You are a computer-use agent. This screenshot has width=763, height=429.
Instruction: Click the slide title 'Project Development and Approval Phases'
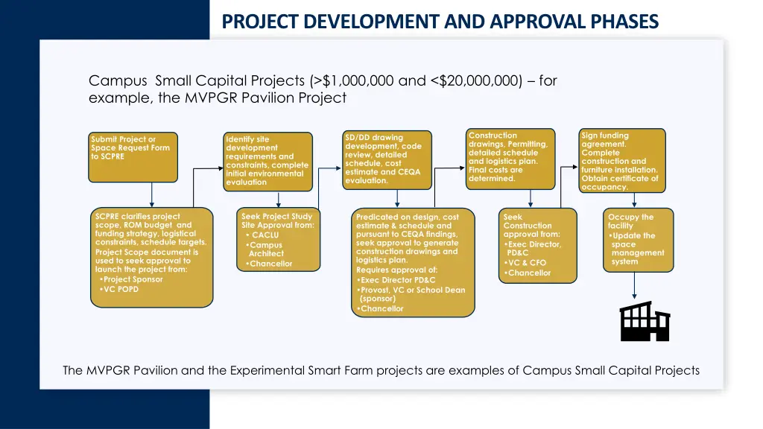coord(440,22)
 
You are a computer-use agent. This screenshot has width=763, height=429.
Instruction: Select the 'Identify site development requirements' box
coord(267,161)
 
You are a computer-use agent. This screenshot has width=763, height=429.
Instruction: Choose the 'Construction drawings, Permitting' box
coord(510,158)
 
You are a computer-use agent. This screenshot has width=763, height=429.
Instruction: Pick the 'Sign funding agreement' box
coord(622,161)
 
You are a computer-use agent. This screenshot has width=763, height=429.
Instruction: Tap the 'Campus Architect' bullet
coord(266,250)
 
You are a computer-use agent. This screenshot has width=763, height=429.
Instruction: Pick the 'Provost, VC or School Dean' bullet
coord(412,294)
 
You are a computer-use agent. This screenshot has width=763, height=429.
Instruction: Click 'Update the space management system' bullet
coord(637,249)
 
